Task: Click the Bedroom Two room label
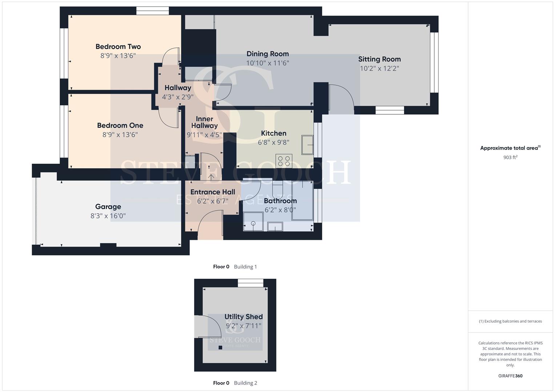point(118,46)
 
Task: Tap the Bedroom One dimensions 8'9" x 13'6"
point(120,135)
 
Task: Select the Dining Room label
point(268,54)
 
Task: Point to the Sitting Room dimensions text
point(379,68)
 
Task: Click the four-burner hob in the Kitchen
point(284,161)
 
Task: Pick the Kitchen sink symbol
point(307,145)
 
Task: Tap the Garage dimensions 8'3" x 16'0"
point(108,216)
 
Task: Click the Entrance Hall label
point(213,192)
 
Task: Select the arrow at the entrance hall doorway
point(211,177)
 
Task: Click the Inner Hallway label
point(204,122)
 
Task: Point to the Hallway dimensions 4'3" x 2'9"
point(178,97)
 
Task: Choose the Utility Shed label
point(244,317)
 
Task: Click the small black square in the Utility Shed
point(220,347)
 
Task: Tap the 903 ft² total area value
point(510,157)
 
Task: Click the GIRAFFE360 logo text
point(510,376)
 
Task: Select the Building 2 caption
point(246,383)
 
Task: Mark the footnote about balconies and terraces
point(510,321)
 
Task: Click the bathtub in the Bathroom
point(302,200)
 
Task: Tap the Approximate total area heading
point(510,148)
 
